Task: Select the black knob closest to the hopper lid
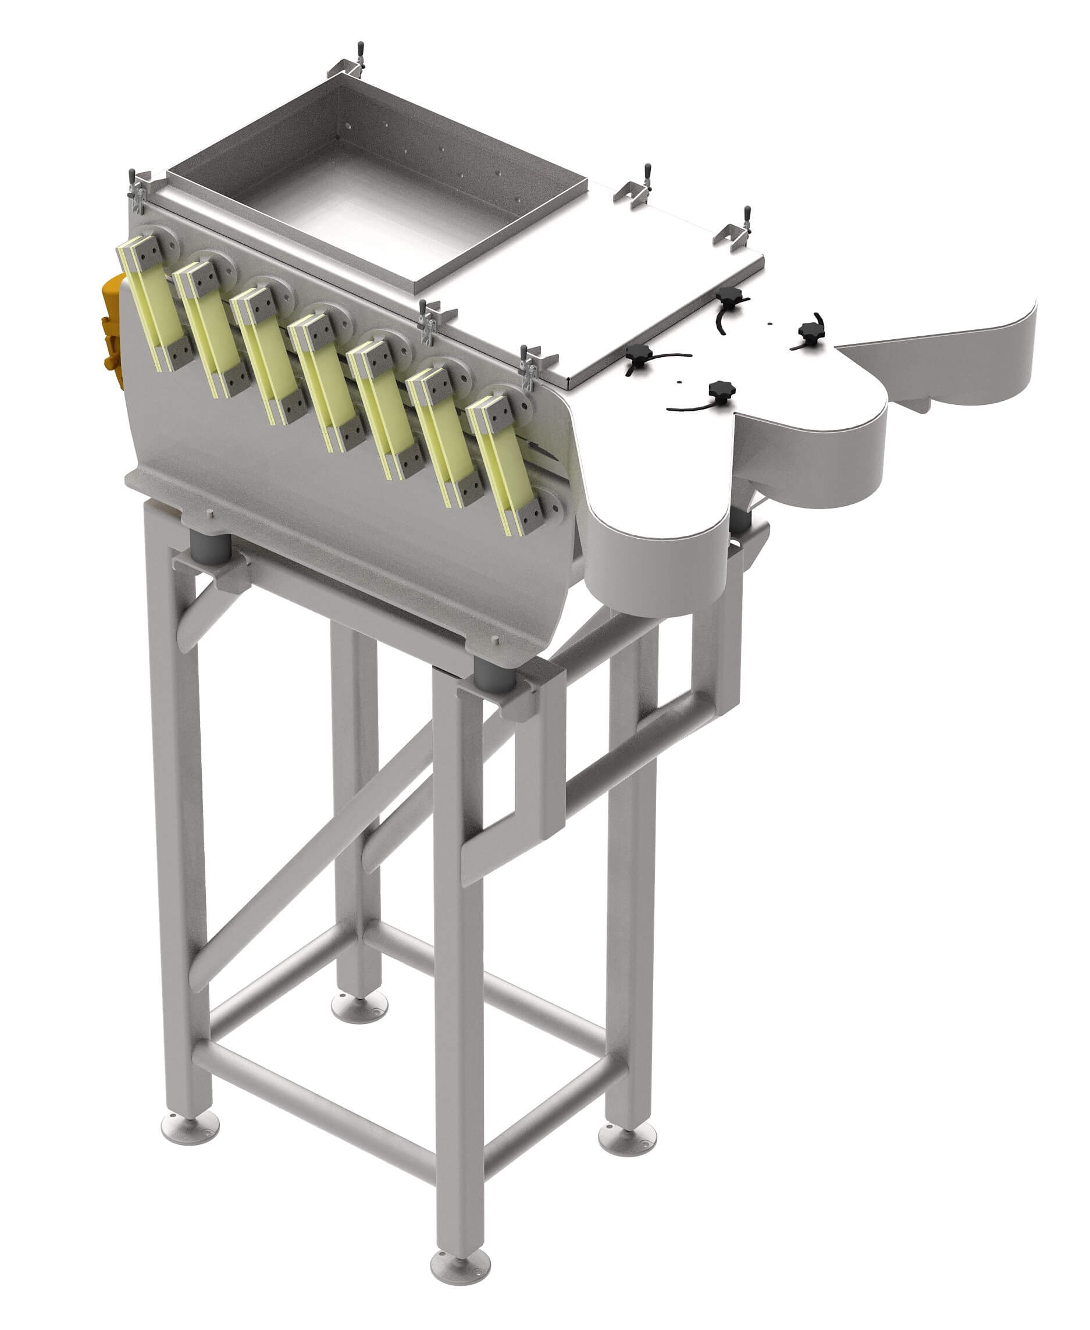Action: [x=728, y=295]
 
